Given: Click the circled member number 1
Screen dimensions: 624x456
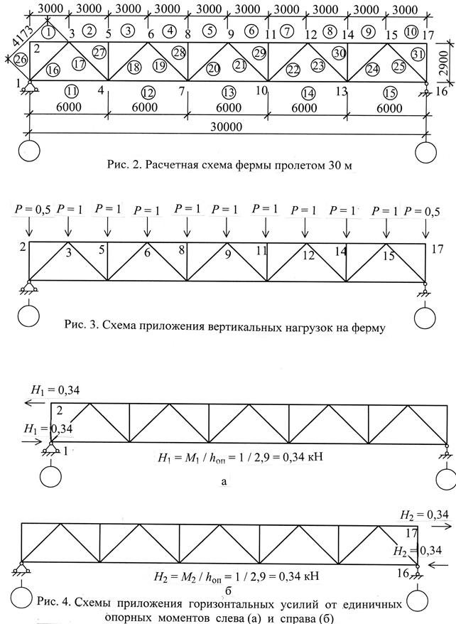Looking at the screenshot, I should pos(48,31).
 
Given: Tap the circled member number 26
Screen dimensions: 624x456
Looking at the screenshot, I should pos(21,61).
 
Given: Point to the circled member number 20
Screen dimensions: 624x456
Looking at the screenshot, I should pos(213,68).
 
